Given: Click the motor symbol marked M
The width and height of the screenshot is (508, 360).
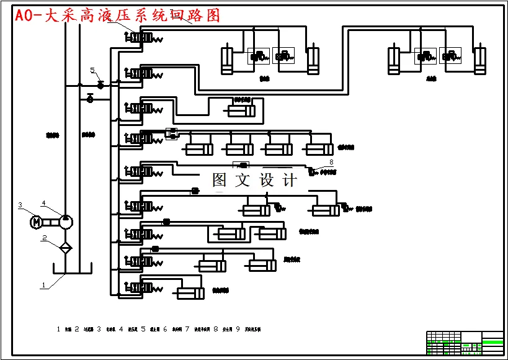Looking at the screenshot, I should pos(36,221).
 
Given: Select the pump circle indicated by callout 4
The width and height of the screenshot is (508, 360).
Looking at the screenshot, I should pos(65,221).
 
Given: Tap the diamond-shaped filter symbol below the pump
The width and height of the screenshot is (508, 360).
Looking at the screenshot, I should pos(65,247).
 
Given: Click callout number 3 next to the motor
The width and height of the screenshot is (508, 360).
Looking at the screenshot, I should pos(20,205).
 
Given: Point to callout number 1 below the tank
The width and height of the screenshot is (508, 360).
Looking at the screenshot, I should pos(43,286).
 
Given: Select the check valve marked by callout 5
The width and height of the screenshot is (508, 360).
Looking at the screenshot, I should pos(100,84).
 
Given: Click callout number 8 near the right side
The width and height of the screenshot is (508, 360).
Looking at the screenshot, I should pos(331,162).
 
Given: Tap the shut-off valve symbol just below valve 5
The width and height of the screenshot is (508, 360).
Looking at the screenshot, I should pos(90,98).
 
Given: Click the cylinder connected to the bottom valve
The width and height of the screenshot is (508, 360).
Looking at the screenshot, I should pos(190,294).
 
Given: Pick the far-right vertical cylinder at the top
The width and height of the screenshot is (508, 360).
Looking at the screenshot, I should pos(479,60).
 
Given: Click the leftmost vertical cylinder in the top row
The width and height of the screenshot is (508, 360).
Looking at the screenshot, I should pos(228,60).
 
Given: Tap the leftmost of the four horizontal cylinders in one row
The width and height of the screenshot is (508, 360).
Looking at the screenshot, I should pos(199,150).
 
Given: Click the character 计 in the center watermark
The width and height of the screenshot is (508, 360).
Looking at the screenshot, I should pos(290,180).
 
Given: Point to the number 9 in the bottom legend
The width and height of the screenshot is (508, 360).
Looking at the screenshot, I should pos(238,330).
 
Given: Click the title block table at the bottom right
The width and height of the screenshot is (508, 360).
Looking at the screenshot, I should pos(465,343).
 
